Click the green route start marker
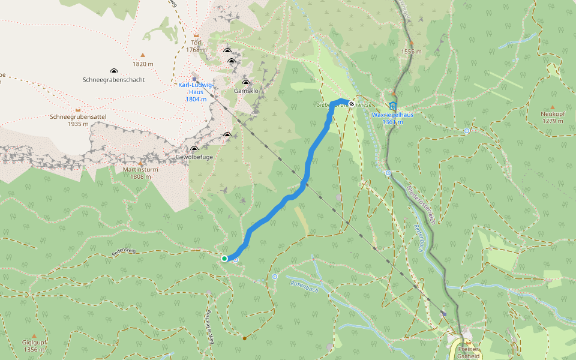coord(224,259)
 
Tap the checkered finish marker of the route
coord(351,103)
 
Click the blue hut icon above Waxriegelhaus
coord(392,106)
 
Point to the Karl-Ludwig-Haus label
coord(196,92)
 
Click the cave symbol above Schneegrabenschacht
coord(113,70)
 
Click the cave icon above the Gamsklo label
coord(245,82)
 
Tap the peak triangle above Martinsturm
coord(140,163)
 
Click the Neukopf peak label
coord(553,117)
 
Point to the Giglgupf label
coord(34,346)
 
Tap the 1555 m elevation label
coord(411,52)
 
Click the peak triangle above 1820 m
coord(143,55)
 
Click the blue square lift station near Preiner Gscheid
coord(444,313)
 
